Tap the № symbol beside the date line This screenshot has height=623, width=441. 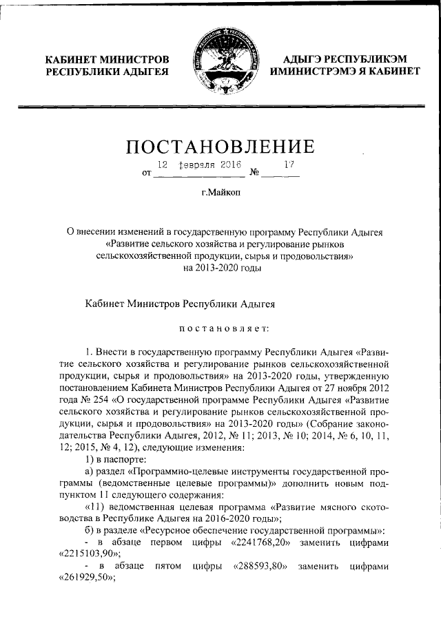[x=254, y=173]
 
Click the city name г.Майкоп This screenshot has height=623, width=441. [x=220, y=195]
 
